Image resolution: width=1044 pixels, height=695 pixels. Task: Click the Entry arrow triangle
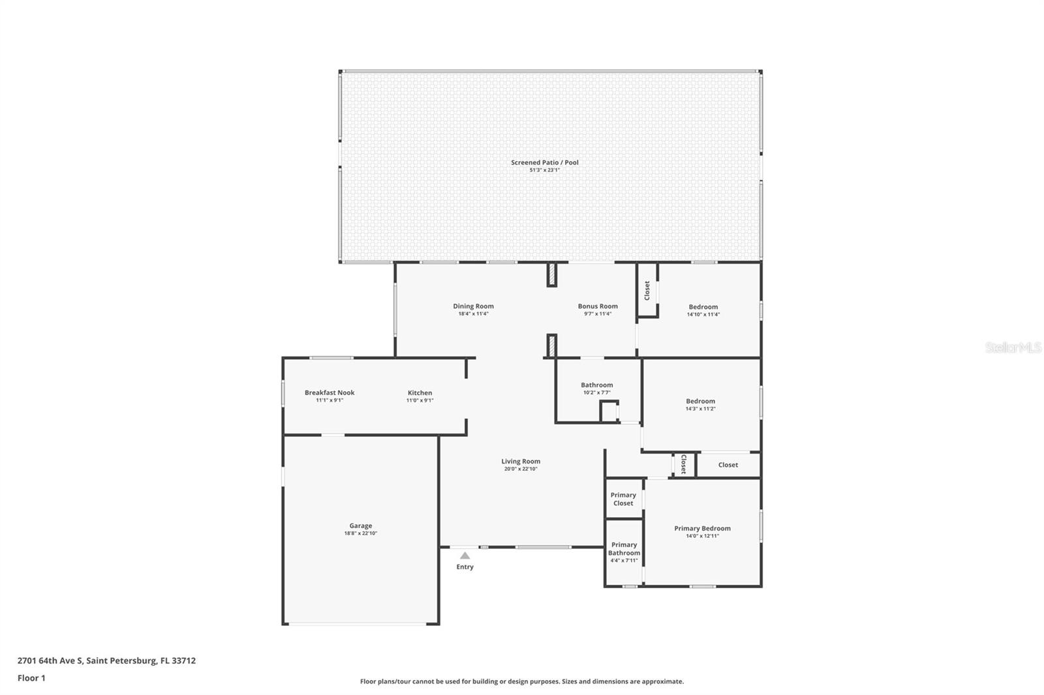pyautogui.click(x=465, y=555)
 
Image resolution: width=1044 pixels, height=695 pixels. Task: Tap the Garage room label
pyautogui.click(x=360, y=525)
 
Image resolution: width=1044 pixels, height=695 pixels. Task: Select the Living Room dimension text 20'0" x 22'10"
pyautogui.click(x=520, y=469)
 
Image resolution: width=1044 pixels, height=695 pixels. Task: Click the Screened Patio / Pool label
pyautogui.click(x=544, y=162)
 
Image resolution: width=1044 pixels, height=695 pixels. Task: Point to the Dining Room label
pyautogui.click(x=473, y=306)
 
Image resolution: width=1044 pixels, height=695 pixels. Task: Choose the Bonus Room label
pyautogui.click(x=597, y=306)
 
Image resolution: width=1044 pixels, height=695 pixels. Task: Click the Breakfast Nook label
pyautogui.click(x=330, y=392)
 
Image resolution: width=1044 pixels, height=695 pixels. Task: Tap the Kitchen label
pyautogui.click(x=420, y=392)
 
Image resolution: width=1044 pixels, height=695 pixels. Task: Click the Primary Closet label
pyautogui.click(x=623, y=499)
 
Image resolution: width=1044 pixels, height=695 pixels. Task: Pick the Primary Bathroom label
pyautogui.click(x=624, y=549)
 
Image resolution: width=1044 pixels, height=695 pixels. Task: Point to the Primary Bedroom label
pyautogui.click(x=702, y=528)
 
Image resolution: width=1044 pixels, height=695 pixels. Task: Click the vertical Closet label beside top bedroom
pyautogui.click(x=647, y=290)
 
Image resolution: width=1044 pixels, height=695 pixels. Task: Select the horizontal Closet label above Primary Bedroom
pyautogui.click(x=728, y=465)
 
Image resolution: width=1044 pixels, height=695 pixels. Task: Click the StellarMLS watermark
pyautogui.click(x=1013, y=348)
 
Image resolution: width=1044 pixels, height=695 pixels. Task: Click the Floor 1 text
pyautogui.click(x=31, y=678)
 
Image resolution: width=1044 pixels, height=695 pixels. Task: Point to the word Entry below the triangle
pyautogui.click(x=465, y=567)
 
